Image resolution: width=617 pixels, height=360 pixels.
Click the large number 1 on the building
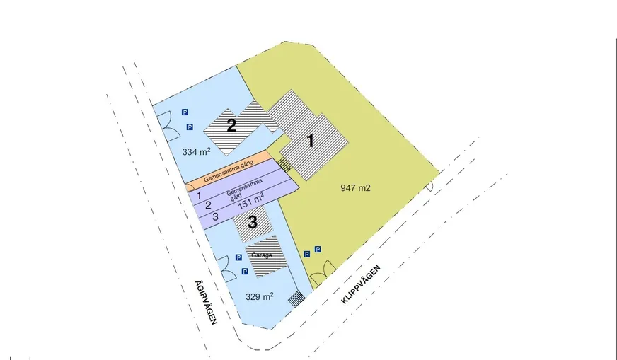(x=311, y=141)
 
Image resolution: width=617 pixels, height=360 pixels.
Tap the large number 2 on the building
(x=232, y=125)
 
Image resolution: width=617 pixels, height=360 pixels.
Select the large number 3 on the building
(x=252, y=222)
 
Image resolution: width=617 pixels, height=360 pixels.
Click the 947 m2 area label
(x=355, y=188)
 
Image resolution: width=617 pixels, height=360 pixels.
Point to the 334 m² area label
(x=197, y=151)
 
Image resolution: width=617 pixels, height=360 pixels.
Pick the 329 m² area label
(x=259, y=296)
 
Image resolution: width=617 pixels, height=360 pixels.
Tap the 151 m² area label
(x=250, y=201)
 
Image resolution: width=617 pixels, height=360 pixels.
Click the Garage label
(x=262, y=255)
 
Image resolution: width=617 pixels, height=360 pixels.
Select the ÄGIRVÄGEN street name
(x=206, y=302)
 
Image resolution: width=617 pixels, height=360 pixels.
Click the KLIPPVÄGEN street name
(x=361, y=284)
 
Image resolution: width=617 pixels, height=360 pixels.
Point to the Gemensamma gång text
(x=229, y=171)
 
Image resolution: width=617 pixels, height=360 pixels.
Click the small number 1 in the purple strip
(x=199, y=195)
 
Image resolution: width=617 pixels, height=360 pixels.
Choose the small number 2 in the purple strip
(x=208, y=205)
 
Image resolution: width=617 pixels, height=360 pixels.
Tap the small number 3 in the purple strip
(x=215, y=216)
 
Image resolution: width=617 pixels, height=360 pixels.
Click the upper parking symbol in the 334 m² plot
(x=185, y=112)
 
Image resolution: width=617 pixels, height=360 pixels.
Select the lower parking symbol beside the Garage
(x=245, y=272)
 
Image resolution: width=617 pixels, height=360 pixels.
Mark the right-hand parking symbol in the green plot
(x=318, y=249)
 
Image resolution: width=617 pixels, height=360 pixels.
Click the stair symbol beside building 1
(x=284, y=165)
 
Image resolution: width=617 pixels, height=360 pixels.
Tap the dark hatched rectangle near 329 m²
(x=296, y=298)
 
